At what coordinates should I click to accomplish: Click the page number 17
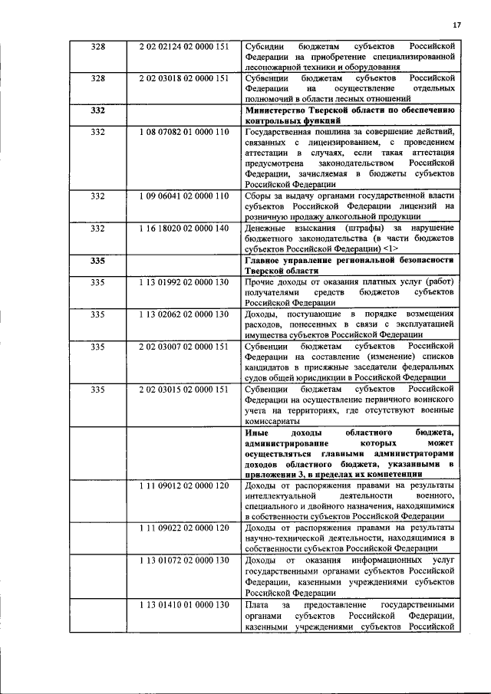456,25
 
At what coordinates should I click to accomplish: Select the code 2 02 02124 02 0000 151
184,46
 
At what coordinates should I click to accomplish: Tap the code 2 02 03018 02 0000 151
184,78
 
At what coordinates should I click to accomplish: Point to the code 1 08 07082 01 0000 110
184,132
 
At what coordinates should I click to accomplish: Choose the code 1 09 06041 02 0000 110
184,196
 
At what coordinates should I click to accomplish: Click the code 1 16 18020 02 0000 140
184,229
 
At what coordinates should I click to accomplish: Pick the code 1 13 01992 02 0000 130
184,282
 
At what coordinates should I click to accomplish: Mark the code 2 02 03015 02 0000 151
184,390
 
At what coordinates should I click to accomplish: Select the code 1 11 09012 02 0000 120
184,486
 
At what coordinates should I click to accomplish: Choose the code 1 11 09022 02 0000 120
184,529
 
